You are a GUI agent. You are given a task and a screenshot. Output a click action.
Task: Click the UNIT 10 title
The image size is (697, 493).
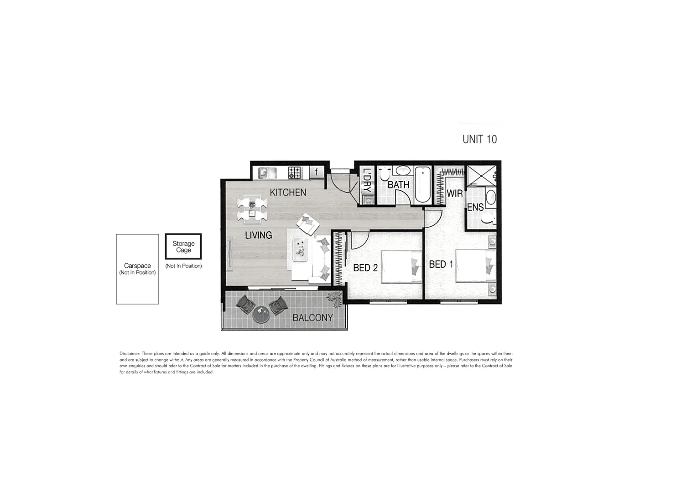479,139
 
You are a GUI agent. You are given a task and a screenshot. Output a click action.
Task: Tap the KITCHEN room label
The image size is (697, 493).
288,193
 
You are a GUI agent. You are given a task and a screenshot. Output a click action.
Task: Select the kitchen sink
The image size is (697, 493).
265,173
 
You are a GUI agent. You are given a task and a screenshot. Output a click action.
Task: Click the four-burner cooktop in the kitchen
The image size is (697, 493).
294,173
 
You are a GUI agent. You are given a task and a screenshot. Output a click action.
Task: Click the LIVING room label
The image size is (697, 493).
258,236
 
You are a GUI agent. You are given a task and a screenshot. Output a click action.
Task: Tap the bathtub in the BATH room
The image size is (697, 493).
422,184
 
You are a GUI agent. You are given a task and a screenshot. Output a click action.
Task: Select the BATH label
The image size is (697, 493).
398,185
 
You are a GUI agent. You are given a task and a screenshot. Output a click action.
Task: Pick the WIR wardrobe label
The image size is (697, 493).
454,194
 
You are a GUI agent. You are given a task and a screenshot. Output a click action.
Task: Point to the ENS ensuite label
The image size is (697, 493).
475,208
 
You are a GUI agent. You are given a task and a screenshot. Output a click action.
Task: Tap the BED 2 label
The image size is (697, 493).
365,268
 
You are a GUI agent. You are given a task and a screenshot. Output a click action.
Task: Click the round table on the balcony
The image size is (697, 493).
261,314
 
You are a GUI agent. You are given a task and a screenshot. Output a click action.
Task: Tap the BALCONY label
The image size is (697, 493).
312,318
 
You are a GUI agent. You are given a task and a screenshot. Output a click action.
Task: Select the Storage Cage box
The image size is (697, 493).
183,247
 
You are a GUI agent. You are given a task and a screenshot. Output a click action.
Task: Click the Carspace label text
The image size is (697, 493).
137,266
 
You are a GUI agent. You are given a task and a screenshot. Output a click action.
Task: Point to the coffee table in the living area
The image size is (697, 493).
301,250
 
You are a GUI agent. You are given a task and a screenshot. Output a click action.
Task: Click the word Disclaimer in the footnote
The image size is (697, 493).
130,354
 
